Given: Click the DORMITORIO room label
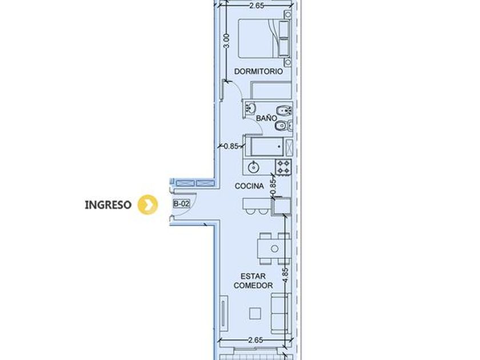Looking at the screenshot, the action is pyautogui.click(x=258, y=71).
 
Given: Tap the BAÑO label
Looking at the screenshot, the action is pyautogui.click(x=266, y=118).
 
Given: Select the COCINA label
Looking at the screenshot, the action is pyautogui.click(x=249, y=186).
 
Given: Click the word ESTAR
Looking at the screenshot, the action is pyautogui.click(x=253, y=276).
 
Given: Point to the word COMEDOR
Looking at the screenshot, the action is pyautogui.click(x=253, y=285).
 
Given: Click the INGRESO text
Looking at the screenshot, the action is pyautogui.click(x=108, y=205).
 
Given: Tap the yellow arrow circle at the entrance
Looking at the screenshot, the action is pyautogui.click(x=148, y=205).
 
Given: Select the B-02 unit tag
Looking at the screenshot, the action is pyautogui.click(x=182, y=203).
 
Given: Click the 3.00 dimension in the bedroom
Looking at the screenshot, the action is pyautogui.click(x=226, y=41).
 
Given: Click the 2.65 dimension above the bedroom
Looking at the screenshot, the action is pyautogui.click(x=257, y=6).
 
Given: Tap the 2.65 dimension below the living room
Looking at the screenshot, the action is pyautogui.click(x=255, y=340).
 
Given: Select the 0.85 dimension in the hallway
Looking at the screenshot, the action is pyautogui.click(x=231, y=146).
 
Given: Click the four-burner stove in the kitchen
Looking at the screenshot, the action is pyautogui.click(x=283, y=167).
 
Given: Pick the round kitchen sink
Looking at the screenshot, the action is pyautogui.click(x=254, y=167).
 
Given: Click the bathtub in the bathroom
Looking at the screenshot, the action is pyautogui.click(x=267, y=147).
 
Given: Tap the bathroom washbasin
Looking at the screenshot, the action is pyautogui.click(x=251, y=108).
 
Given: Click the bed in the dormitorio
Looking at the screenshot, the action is pyautogui.click(x=264, y=38).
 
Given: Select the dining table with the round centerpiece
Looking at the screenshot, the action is pyautogui.click(x=274, y=249).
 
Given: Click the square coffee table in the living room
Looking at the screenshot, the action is pyautogui.click(x=255, y=314).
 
